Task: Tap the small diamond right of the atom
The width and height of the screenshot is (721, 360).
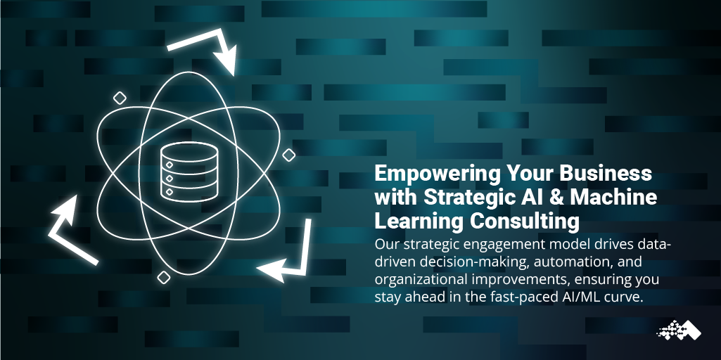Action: (x=288, y=155)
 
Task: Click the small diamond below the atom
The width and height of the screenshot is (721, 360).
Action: (x=163, y=278)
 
